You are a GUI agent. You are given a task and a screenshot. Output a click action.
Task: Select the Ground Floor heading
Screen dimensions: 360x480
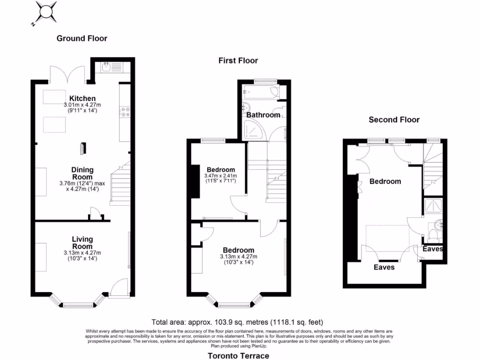(x=82, y=38)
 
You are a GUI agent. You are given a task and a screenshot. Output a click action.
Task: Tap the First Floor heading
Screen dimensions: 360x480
(x=238, y=60)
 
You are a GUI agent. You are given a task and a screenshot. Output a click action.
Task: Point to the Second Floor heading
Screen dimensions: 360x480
(x=394, y=120)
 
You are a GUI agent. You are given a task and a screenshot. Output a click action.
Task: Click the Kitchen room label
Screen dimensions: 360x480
(x=82, y=98)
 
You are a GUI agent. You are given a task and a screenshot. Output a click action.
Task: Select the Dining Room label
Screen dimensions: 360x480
(x=82, y=173)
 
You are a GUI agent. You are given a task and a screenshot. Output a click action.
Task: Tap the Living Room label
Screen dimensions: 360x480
(x=82, y=243)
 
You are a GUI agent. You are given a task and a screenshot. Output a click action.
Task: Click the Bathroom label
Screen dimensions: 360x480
(x=263, y=115)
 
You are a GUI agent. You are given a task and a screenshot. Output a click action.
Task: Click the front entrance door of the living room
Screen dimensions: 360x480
(x=119, y=288)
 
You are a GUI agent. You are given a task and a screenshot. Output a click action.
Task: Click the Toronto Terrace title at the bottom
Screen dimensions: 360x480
(x=239, y=356)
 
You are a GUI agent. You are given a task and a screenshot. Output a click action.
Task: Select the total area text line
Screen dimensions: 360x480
(x=238, y=322)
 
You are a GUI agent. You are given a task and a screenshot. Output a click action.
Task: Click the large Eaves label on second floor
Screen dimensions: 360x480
(x=384, y=267)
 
